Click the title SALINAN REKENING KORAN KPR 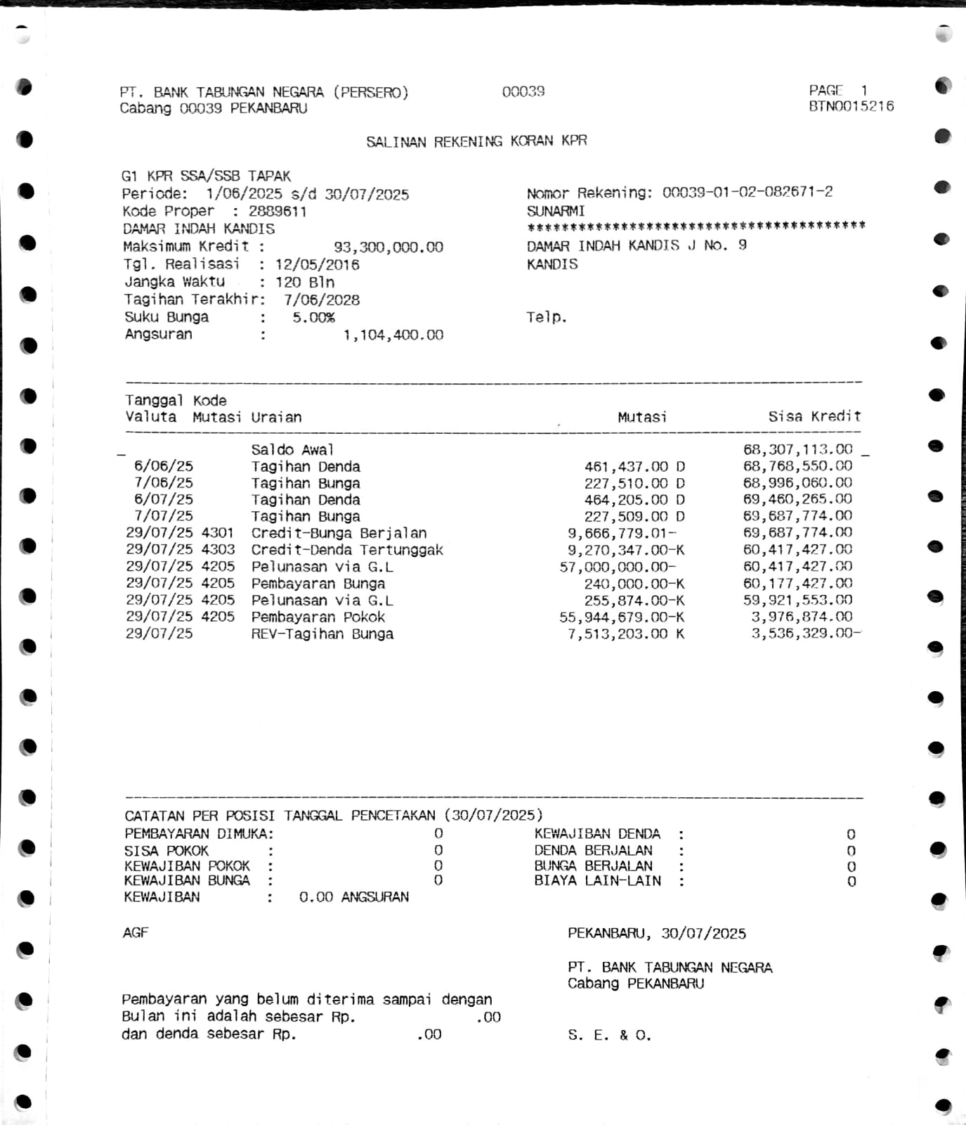[x=476, y=141]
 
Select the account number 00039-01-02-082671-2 [x=748, y=192]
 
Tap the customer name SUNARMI [x=556, y=211]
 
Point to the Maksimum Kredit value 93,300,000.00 [x=388, y=247]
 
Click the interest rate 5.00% [x=313, y=318]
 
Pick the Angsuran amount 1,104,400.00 [x=393, y=335]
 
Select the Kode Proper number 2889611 [x=278, y=212]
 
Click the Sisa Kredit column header [x=814, y=416]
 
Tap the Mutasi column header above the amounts [x=642, y=417]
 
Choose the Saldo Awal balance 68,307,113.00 [x=797, y=449]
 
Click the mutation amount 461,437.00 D [x=634, y=466]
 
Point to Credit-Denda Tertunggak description [x=347, y=550]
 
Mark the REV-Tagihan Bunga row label [x=322, y=634]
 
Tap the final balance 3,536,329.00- [x=805, y=634]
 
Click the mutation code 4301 [x=218, y=533]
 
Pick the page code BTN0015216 [x=851, y=106]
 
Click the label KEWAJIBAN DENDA [x=597, y=834]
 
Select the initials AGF [x=136, y=932]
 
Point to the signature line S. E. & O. [x=609, y=1035]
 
